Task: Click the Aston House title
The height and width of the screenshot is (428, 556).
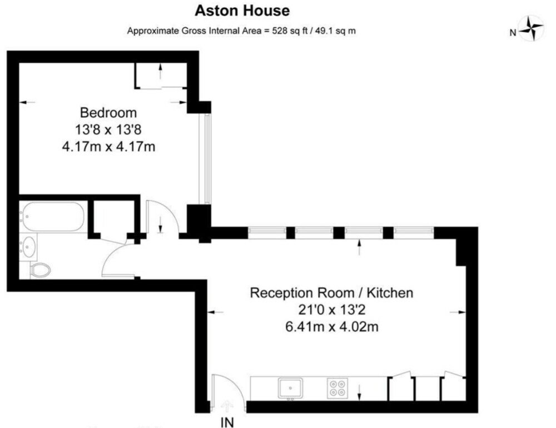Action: pyautogui.click(x=242, y=11)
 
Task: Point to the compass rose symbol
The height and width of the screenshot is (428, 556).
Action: pyautogui.click(x=531, y=28)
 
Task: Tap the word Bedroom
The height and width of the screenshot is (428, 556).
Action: pyautogui.click(x=108, y=113)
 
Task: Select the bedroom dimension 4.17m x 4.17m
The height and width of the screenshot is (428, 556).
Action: pyautogui.click(x=108, y=146)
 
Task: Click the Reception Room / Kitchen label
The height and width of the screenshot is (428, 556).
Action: pyautogui.click(x=331, y=293)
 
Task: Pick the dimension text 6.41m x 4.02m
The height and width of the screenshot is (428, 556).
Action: pyautogui.click(x=332, y=327)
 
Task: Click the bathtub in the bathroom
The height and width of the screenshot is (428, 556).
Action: pyautogui.click(x=52, y=217)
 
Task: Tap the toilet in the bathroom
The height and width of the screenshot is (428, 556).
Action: pyautogui.click(x=41, y=270)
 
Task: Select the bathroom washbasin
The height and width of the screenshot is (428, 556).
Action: pyautogui.click(x=28, y=246)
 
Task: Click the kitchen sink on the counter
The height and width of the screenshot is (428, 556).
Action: pyautogui.click(x=291, y=387)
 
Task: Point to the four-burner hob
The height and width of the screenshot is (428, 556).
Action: pyautogui.click(x=337, y=388)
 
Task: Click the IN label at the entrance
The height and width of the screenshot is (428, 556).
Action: pyautogui.click(x=227, y=422)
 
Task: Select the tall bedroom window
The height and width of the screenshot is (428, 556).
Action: pyautogui.click(x=205, y=158)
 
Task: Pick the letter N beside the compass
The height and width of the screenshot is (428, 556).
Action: pyautogui.click(x=513, y=33)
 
